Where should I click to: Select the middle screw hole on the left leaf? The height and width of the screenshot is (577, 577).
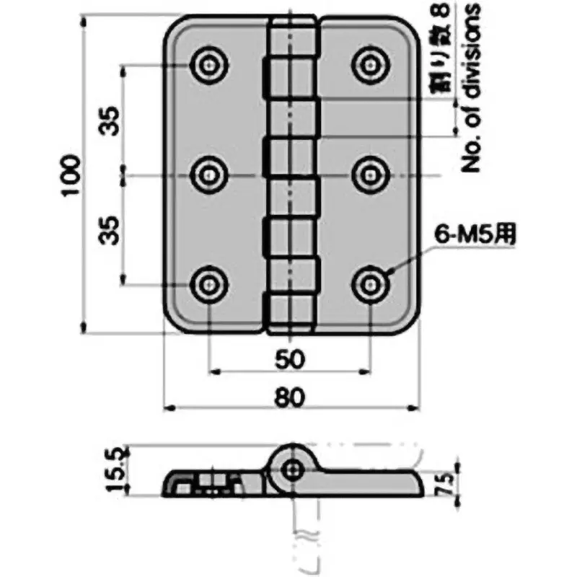tap(209, 174)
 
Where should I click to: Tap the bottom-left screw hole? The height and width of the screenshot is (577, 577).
tap(209, 283)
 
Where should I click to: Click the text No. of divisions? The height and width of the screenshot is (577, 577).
tap(472, 87)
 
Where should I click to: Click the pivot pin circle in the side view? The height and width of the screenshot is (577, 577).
tap(292, 470)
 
